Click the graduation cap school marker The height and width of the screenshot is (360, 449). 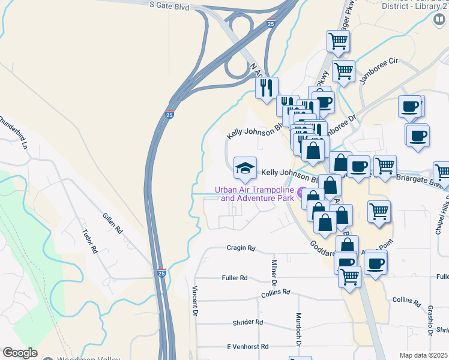coord(245,169)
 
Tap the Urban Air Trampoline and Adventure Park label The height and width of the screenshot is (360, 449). coord(255,194)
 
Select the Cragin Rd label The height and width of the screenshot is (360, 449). coord(241,248)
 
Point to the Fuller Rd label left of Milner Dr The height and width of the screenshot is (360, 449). coord(235,278)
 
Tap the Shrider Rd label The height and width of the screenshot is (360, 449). coord(248,322)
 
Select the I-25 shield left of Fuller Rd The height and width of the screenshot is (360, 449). coord(162,272)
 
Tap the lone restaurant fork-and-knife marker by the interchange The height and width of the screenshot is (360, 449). coord(266,87)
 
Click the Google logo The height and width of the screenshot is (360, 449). coord(20,353)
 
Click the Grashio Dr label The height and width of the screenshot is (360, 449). coord(431,320)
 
